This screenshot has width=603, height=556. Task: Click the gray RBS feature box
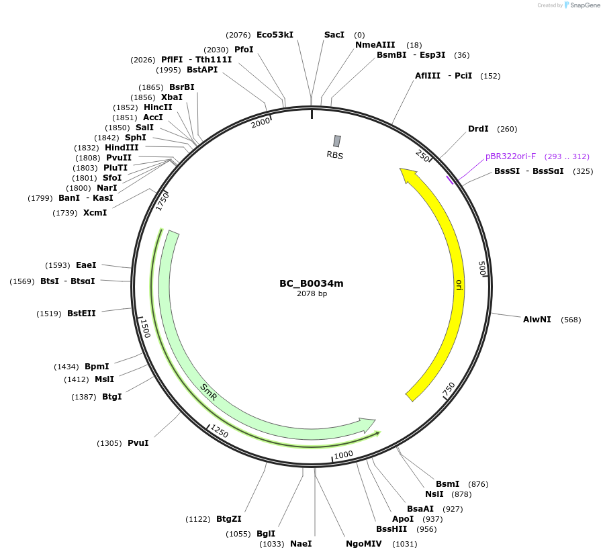coord(337,141)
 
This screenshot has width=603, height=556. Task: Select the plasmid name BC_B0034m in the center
coord(312,284)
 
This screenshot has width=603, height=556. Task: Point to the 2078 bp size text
coord(312,293)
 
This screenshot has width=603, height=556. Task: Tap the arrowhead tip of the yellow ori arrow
coord(400,169)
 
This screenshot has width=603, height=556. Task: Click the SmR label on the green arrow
coord(209,392)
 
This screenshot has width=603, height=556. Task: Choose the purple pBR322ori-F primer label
coord(510,156)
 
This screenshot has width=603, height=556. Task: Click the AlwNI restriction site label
coord(537,320)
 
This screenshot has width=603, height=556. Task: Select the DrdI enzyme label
coord(478,129)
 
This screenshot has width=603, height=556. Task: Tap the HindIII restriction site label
coord(122,148)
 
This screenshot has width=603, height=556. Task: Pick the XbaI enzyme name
coord(171,97)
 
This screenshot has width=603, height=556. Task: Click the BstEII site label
coord(81,314)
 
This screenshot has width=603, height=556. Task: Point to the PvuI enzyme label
coord(138,443)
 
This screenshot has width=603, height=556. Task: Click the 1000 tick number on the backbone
coord(343,455)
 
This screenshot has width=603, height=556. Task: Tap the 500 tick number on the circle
coord(482,268)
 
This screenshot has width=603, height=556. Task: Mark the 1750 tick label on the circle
coord(163,202)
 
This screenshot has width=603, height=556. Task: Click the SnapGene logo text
coord(585,5)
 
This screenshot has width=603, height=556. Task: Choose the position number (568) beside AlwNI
coord(571,320)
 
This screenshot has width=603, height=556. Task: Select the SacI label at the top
coord(334,35)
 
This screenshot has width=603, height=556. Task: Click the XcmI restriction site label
coord(95,213)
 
